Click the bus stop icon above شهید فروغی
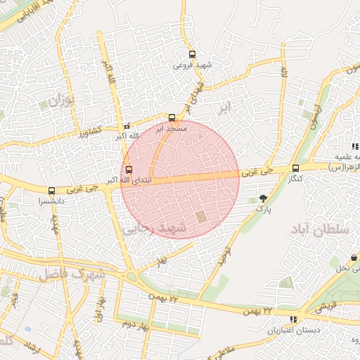[193, 55]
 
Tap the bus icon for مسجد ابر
[172, 118]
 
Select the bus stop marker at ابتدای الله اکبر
[128, 169]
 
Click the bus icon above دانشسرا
[51, 191]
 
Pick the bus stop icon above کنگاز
[295, 168]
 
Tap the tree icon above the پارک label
[263, 198]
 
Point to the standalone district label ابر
[224, 107]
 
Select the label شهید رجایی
[154, 229]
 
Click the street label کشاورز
[91, 131]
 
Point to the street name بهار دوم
[137, 325]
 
